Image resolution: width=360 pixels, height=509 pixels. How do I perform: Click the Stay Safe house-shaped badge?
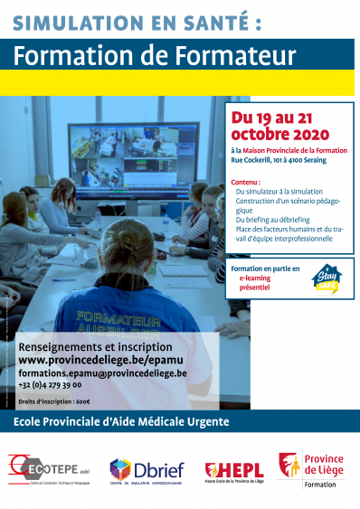[x=327, y=279]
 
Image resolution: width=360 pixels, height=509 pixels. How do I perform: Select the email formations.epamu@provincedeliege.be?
[x=102, y=372]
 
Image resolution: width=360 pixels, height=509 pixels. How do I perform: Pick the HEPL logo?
[x=233, y=470]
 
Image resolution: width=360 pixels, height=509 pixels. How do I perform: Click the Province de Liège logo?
[x=311, y=470]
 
